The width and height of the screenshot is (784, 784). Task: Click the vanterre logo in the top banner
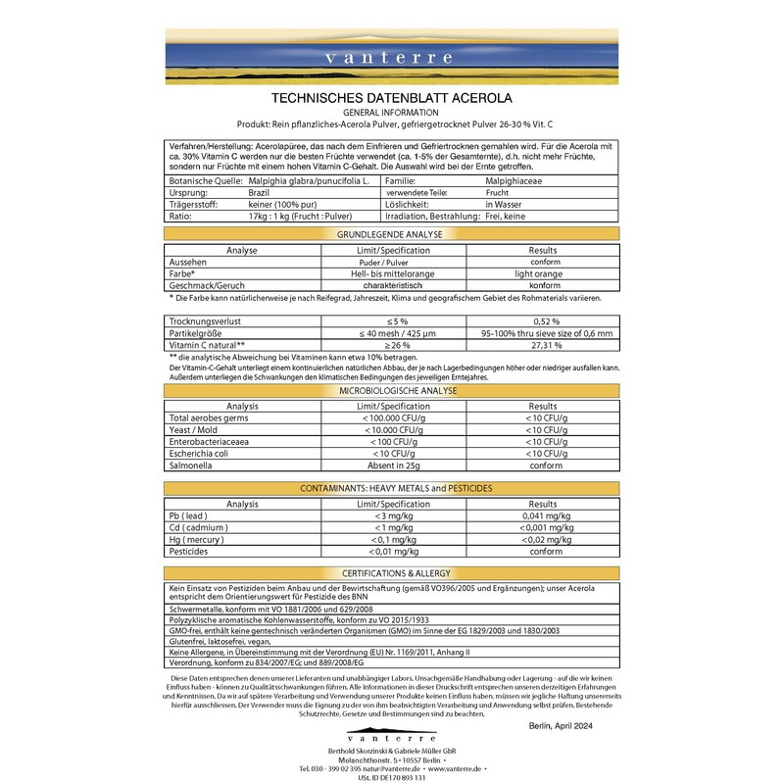click(x=392, y=58)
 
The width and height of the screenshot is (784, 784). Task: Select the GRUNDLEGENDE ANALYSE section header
click(x=391, y=236)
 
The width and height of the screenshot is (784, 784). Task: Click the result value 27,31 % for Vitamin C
click(x=542, y=345)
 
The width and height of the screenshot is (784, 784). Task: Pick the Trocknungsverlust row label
click(x=205, y=321)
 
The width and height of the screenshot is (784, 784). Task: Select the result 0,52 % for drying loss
click(x=542, y=321)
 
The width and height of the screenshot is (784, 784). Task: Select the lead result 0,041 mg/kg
click(x=542, y=515)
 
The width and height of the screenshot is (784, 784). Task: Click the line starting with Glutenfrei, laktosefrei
click(x=225, y=642)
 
